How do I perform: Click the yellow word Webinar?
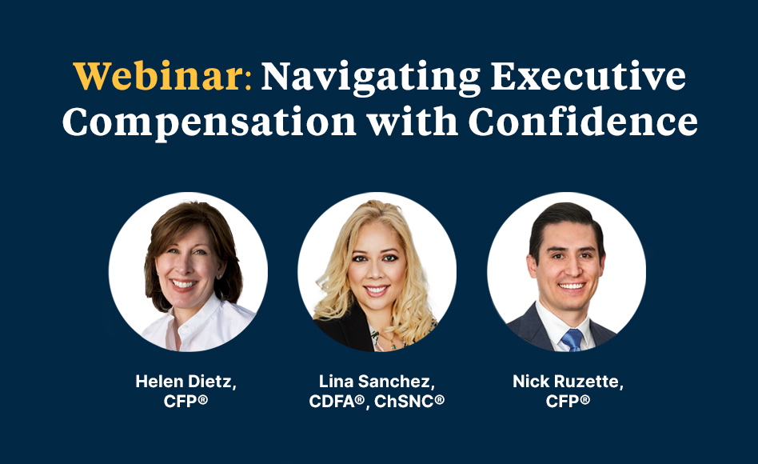[158, 76]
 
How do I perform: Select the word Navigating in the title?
[371, 78]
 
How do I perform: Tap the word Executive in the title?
[588, 76]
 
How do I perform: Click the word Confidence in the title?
[583, 121]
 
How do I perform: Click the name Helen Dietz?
[184, 382]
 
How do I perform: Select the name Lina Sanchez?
[374, 382]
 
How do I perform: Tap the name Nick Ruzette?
[565, 382]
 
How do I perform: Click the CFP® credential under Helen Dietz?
[186, 401]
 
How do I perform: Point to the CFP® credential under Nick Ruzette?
[568, 401]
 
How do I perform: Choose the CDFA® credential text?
[337, 401]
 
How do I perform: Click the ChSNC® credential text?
[409, 401]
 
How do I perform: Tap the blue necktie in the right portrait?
[572, 340]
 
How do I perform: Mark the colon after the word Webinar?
[248, 80]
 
